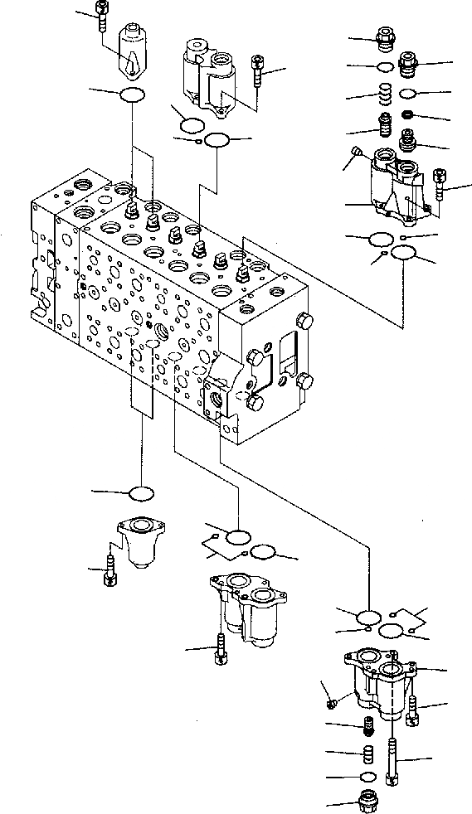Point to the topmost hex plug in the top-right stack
click(386, 37)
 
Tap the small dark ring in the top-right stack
click(407, 114)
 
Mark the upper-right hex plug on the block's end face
click(304, 322)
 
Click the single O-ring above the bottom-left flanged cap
click(142, 494)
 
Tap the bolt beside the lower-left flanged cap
click(111, 570)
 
